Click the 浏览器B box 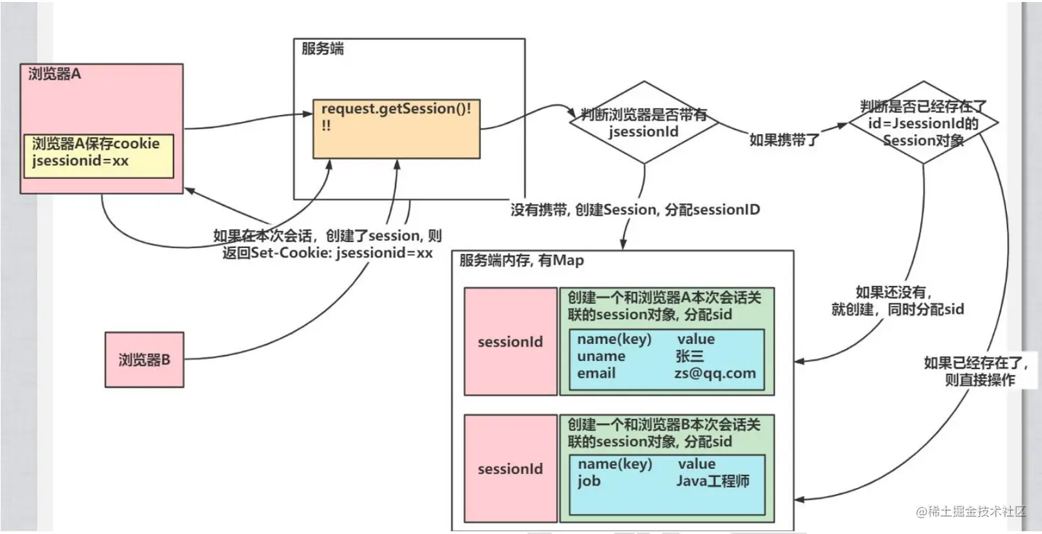coord(144,359)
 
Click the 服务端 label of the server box coord(323,49)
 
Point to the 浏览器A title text coord(55,74)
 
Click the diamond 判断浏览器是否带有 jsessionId coord(644,123)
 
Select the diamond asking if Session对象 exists coord(923,123)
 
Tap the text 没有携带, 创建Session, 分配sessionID coord(635,209)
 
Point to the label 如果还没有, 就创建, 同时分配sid coord(897,300)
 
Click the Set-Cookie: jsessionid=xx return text coord(327,253)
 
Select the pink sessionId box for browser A coord(510,342)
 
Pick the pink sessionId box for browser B coord(510,469)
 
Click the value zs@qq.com coord(715,373)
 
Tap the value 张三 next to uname coord(689,356)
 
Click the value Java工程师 coord(713,481)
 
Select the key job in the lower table coord(589,481)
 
